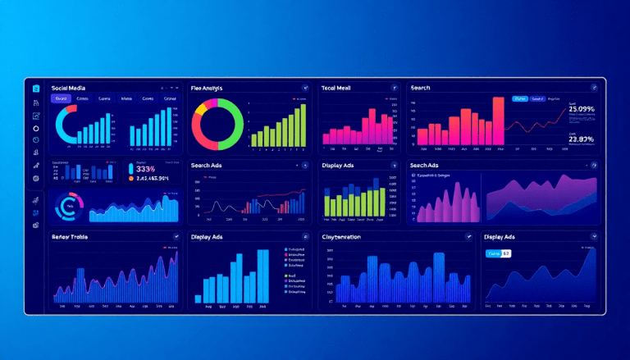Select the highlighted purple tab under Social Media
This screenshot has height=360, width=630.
click(x=61, y=98)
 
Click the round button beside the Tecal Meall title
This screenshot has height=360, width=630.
click(x=395, y=87)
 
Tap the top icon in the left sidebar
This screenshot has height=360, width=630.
click(x=35, y=88)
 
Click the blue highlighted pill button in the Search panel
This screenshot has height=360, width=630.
click(x=519, y=98)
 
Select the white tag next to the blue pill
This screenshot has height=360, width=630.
click(x=506, y=253)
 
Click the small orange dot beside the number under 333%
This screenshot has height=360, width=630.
click(x=131, y=178)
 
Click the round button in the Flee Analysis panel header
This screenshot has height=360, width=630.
click(x=305, y=87)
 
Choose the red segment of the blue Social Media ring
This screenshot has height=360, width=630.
click(x=71, y=107)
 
